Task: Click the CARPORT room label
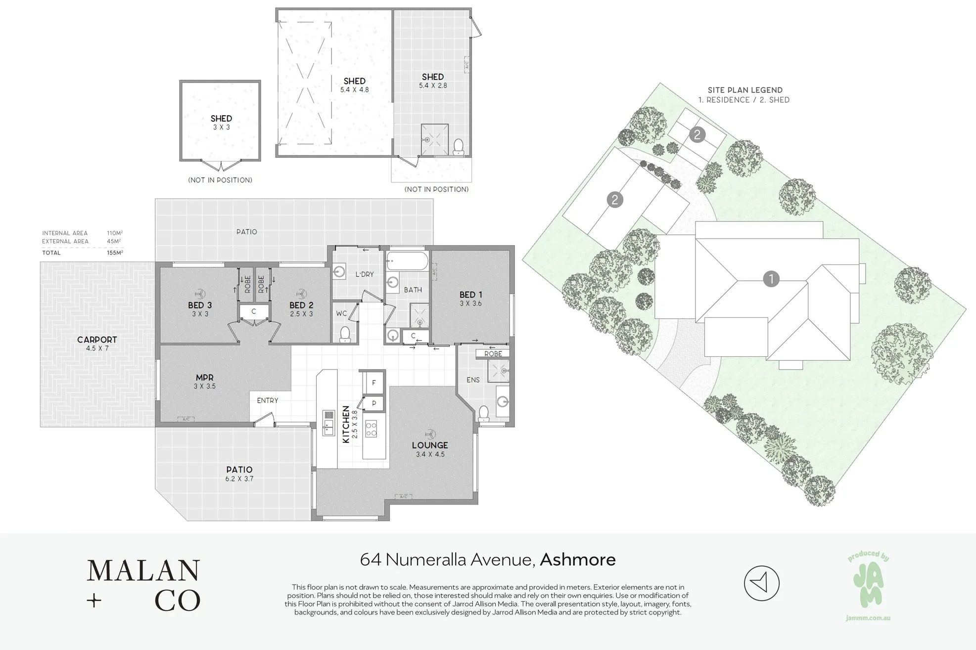point(97,340)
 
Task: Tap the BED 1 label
point(470,295)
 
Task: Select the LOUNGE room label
point(430,445)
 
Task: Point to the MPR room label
point(204,378)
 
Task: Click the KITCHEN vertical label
point(346,424)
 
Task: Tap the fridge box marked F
point(373,383)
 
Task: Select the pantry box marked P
point(374,403)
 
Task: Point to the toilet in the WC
point(345,335)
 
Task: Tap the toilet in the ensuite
point(484,413)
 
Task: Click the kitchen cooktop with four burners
point(371,429)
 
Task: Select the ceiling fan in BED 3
point(200,293)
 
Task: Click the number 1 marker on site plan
point(771,279)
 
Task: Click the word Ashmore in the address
point(578,560)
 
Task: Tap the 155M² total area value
point(115,253)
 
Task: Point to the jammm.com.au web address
point(868,618)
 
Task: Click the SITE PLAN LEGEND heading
point(745,90)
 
